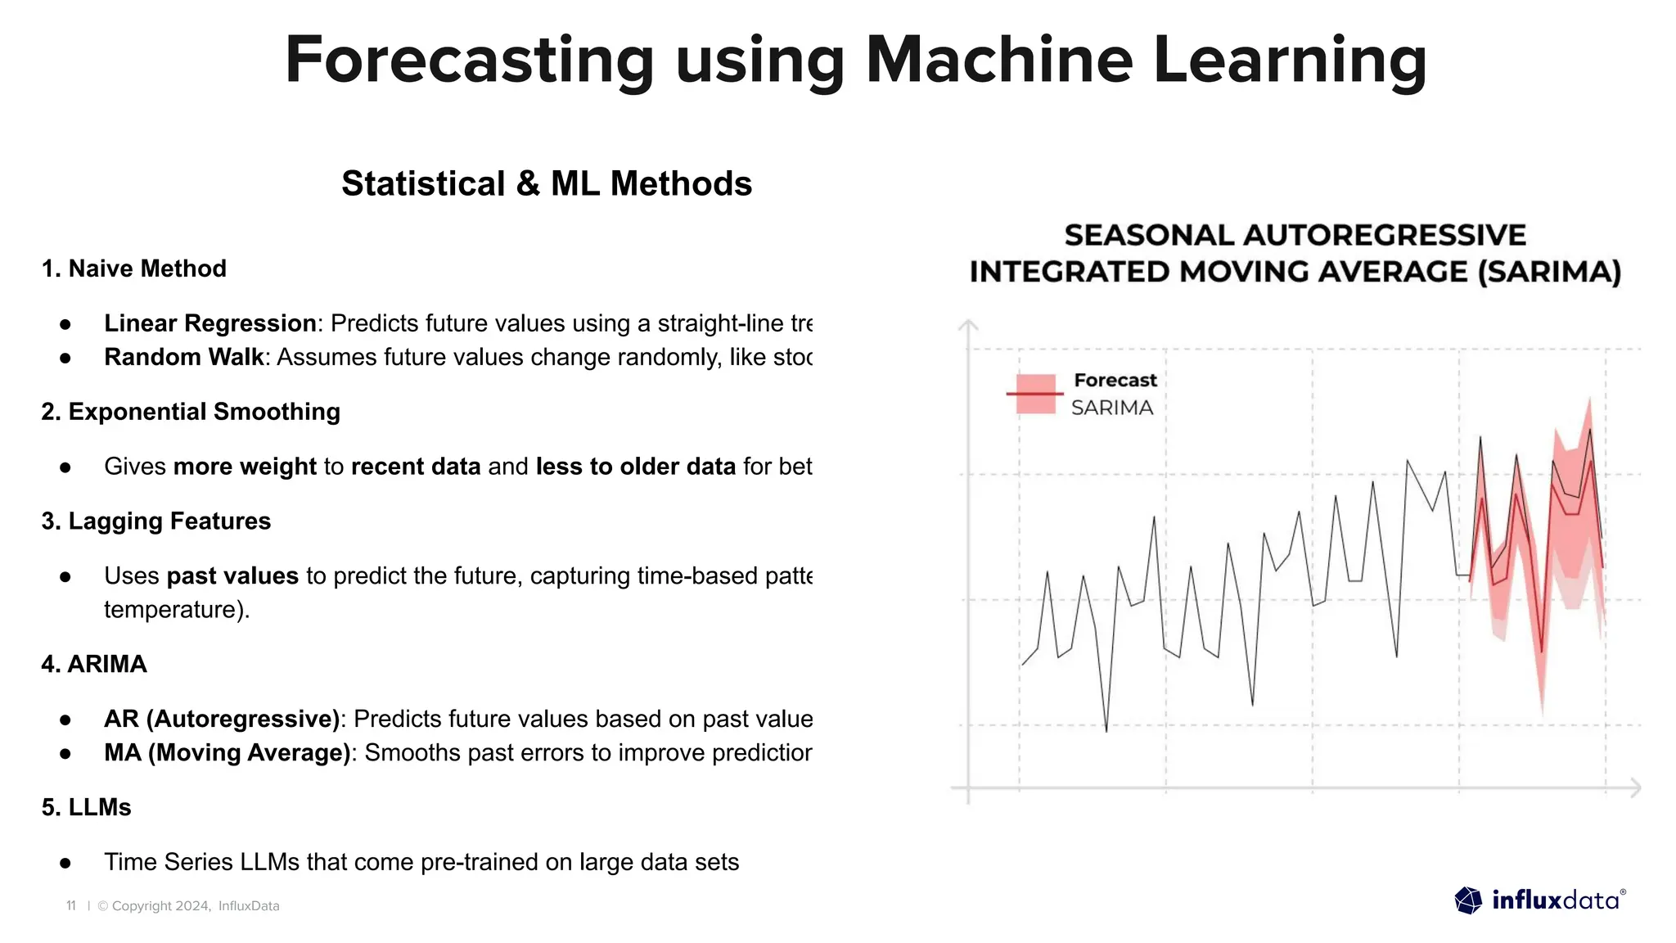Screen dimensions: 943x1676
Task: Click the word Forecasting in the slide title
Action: pos(469,61)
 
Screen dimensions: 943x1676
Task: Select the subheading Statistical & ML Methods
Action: pos(547,183)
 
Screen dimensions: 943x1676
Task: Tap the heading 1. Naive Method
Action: pos(134,268)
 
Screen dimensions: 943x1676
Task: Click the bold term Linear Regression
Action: pos(210,323)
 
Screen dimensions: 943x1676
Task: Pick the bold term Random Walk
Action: pos(184,357)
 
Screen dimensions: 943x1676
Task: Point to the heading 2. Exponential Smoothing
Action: pos(191,411)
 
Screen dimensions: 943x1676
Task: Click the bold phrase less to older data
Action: pos(636,467)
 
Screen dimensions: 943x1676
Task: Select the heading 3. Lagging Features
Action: pos(156,521)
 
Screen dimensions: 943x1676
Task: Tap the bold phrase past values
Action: pos(232,576)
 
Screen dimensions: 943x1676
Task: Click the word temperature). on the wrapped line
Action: pos(177,610)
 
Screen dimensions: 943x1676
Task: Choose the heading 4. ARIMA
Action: pos(94,664)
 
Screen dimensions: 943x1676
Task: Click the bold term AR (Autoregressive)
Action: pos(222,719)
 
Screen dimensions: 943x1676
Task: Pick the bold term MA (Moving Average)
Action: pos(228,752)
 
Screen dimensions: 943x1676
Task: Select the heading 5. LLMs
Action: pos(87,807)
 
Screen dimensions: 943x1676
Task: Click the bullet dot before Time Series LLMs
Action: pos(65,863)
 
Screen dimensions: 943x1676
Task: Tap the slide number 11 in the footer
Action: pos(71,906)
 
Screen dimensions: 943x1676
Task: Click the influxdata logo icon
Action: pos(1468,900)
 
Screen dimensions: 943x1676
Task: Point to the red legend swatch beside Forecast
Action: pos(1035,394)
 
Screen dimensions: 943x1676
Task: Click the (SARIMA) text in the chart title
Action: pos(1549,272)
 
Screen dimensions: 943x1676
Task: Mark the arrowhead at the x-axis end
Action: pos(1635,787)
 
